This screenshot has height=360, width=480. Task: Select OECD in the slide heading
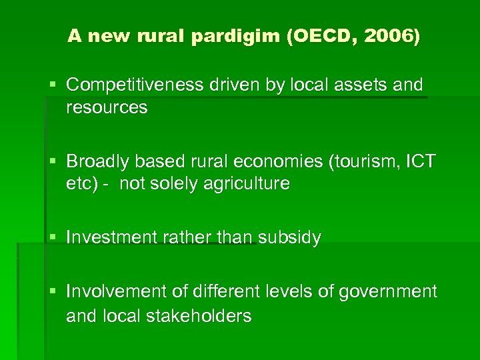(x=318, y=37)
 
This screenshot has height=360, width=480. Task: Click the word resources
(x=107, y=108)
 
